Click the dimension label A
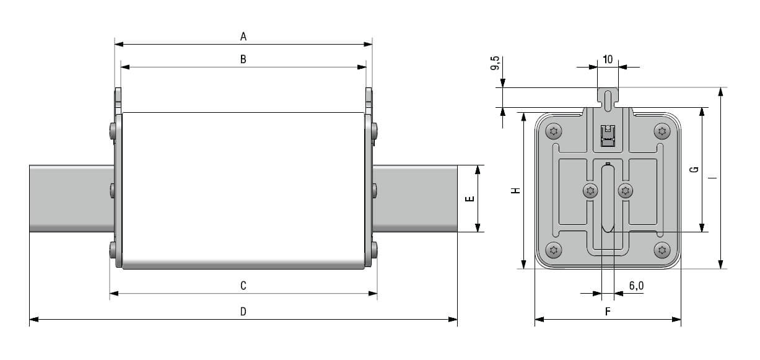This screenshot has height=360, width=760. point(243,37)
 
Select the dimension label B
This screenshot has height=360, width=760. point(243,59)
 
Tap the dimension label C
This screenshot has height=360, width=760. point(243,285)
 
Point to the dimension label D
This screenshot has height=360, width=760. point(243,312)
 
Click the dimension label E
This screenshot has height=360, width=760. point(470,199)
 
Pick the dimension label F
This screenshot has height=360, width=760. point(608,312)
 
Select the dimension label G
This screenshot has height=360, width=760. point(694,169)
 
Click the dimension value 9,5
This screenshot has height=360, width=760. point(496,64)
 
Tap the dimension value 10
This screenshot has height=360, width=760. point(607,59)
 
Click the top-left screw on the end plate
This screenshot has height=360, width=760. point(553,131)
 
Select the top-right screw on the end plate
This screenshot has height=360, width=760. point(662,131)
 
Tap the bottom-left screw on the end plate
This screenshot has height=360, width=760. point(553,250)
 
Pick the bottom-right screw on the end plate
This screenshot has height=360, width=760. point(662,250)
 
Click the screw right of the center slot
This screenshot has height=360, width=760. point(626,191)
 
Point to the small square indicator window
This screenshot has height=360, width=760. point(608,136)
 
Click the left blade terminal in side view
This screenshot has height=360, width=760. point(71,198)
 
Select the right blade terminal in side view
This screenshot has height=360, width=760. point(415,198)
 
